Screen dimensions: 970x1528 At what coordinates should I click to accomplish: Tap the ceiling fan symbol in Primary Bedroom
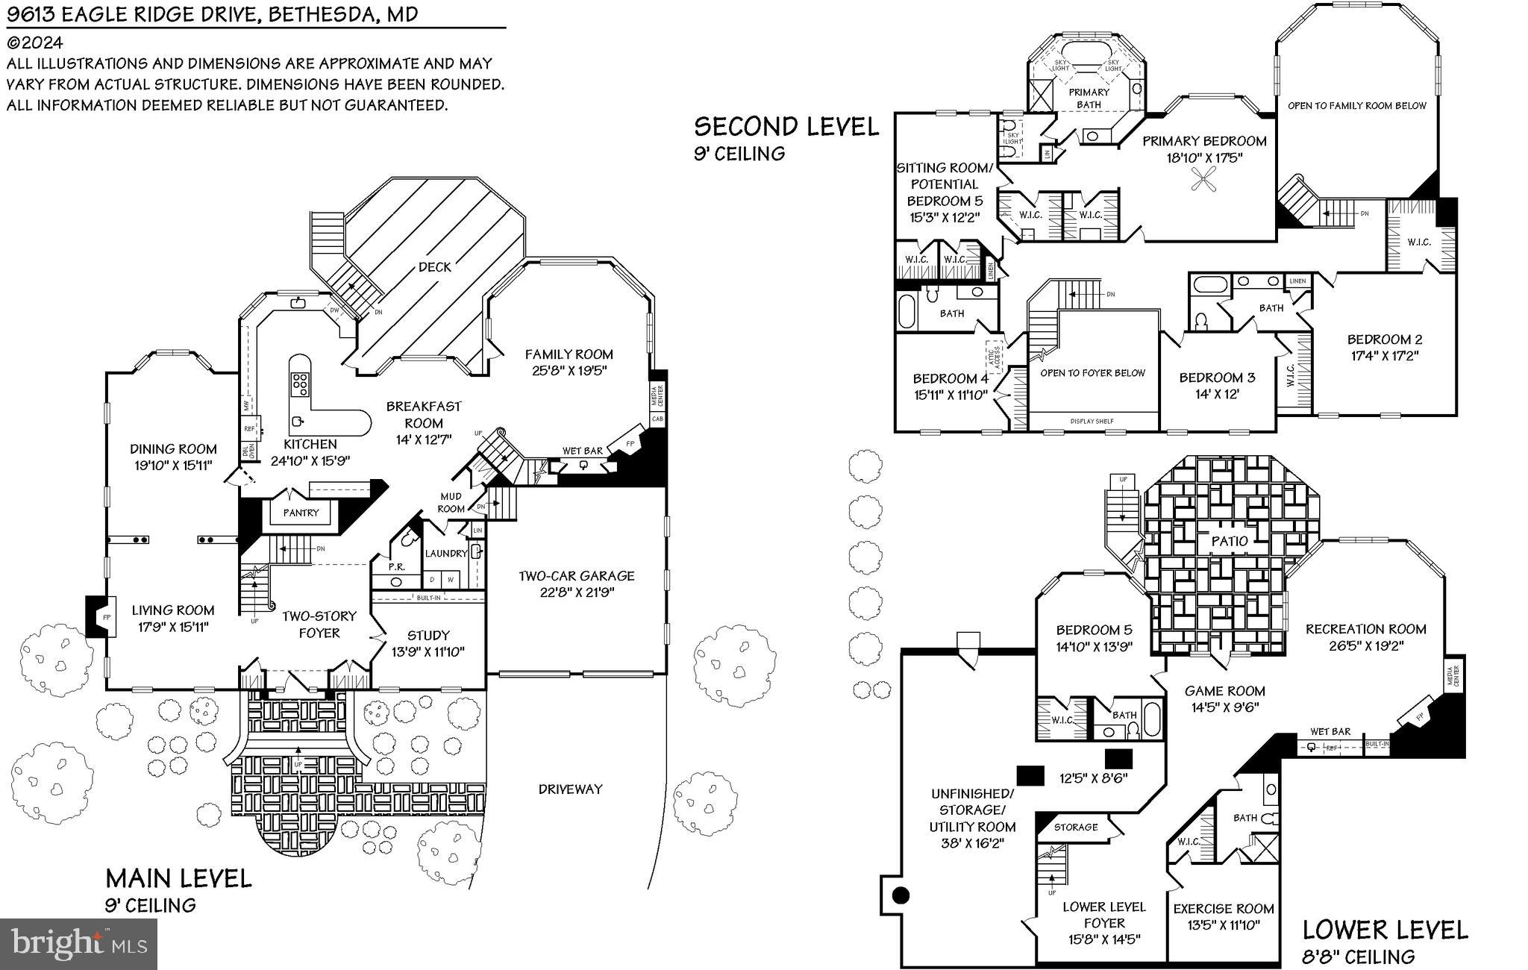pyautogui.click(x=1203, y=181)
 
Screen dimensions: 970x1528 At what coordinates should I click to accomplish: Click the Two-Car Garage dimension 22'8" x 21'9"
pyautogui.click(x=577, y=592)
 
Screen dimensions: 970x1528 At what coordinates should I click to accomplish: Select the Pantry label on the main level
pyautogui.click(x=301, y=513)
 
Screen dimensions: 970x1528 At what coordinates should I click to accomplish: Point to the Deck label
pyautogui.click(x=434, y=266)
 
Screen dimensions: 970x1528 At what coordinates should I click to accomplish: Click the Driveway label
pyautogui.click(x=570, y=789)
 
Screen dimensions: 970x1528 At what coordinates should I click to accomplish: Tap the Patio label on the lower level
pyautogui.click(x=1229, y=540)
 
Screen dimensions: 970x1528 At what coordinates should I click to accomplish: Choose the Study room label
pyautogui.click(x=428, y=635)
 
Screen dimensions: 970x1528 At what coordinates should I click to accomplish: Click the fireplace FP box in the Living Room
pyautogui.click(x=106, y=617)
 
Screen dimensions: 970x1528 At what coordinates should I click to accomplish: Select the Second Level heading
pyautogui.click(x=786, y=127)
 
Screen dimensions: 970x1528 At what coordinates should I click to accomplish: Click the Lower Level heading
pyautogui.click(x=1385, y=930)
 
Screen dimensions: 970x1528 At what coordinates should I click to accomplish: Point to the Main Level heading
pyautogui.click(x=178, y=877)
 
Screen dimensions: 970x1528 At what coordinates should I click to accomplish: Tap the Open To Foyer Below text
pyautogui.click(x=1092, y=372)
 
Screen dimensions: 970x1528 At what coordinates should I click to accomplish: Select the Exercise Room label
pyautogui.click(x=1224, y=908)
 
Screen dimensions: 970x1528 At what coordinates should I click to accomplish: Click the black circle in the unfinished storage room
pyautogui.click(x=901, y=895)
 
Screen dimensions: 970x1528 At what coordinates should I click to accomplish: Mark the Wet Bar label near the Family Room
pyautogui.click(x=583, y=451)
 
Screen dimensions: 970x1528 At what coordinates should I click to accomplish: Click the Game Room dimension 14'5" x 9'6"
pyautogui.click(x=1224, y=707)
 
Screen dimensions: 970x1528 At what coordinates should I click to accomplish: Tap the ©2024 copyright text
pyautogui.click(x=35, y=43)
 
